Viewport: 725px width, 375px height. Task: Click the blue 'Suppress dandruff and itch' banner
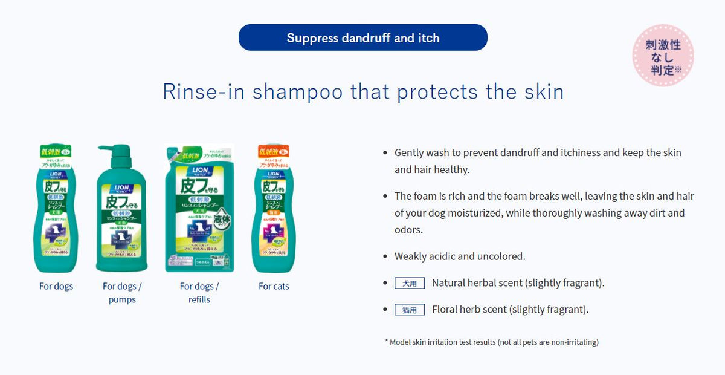362,37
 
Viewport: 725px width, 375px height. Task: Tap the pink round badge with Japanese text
663,56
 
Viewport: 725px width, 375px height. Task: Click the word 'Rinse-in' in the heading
203,91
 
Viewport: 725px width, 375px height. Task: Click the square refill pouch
199,209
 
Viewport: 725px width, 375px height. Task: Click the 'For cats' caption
274,286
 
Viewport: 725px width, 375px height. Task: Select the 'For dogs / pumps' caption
122,293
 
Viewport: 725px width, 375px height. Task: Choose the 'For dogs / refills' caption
199,293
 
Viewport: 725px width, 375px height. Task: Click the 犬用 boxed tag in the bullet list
410,283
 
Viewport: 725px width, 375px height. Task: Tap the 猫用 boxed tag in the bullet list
410,310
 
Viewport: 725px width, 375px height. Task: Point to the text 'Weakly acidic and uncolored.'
460,256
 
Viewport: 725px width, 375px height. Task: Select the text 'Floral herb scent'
469,310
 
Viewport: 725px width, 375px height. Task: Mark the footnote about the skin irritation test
491,342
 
